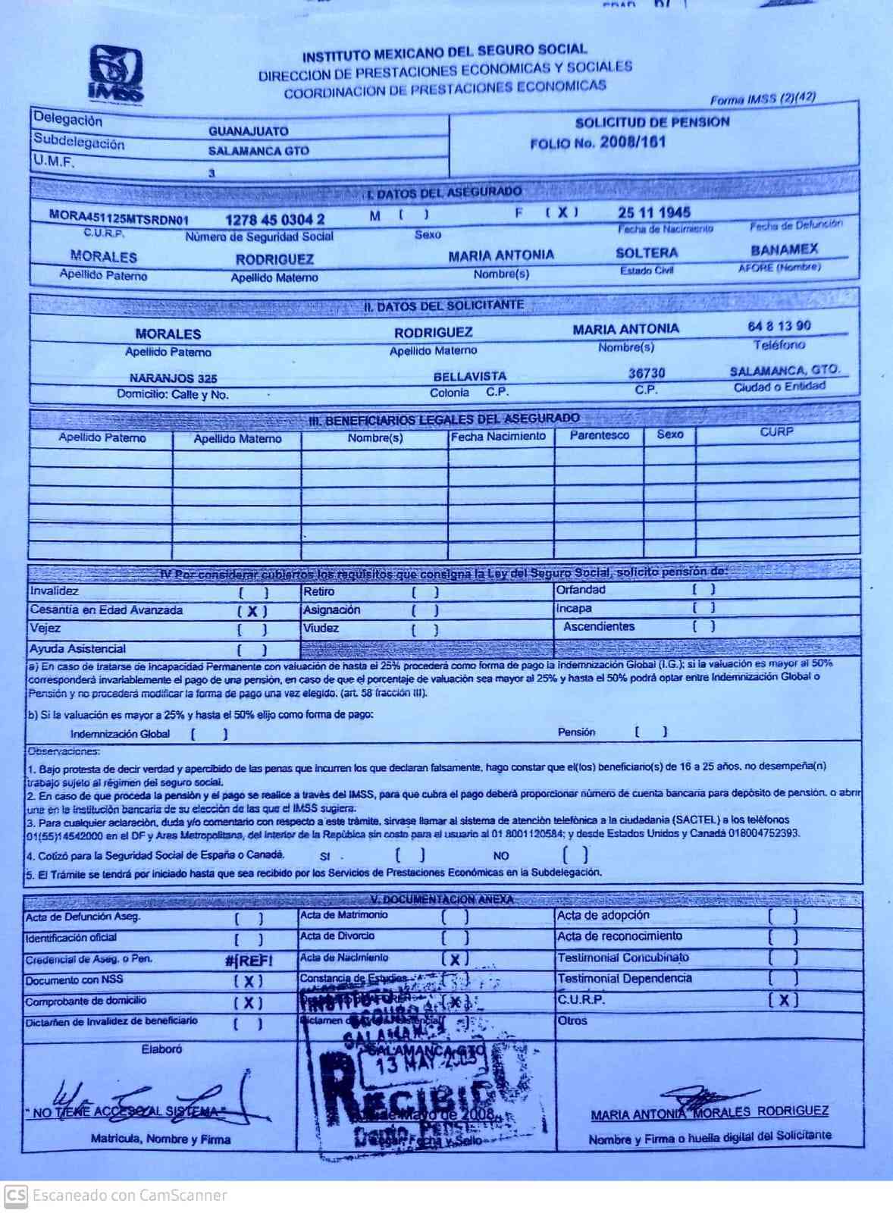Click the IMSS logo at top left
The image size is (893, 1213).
[115, 74]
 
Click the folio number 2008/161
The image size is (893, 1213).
[632, 142]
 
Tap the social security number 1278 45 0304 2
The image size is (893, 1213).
[274, 220]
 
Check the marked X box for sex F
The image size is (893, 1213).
[562, 213]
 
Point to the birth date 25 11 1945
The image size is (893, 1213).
[653, 212]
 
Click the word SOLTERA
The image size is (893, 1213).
[646, 253]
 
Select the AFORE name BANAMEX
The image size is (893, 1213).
[784, 249]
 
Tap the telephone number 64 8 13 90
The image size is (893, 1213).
[779, 326]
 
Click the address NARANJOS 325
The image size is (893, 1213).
[173, 378]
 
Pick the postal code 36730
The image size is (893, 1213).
[646, 373]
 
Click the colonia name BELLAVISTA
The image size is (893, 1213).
[469, 376]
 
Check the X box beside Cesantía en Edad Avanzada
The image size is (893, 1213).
[252, 611]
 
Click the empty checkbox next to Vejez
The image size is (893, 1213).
[252, 629]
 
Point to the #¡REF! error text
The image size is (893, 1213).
[249, 961]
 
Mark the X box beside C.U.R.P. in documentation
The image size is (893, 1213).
[783, 1000]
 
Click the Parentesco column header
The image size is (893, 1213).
[599, 435]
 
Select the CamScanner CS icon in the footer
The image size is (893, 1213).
[16, 1196]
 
